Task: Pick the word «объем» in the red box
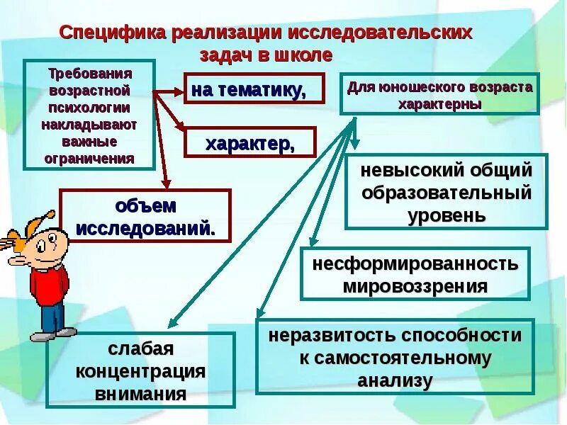(145, 206)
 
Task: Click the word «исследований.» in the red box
(145, 228)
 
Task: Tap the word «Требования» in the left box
(89, 74)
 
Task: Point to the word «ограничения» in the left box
(89, 158)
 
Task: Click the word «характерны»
(439, 103)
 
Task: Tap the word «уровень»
(447, 215)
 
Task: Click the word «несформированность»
(415, 264)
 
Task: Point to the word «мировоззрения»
(415, 286)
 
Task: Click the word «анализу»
(395, 380)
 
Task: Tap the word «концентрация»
(140, 372)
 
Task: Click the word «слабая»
(140, 349)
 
